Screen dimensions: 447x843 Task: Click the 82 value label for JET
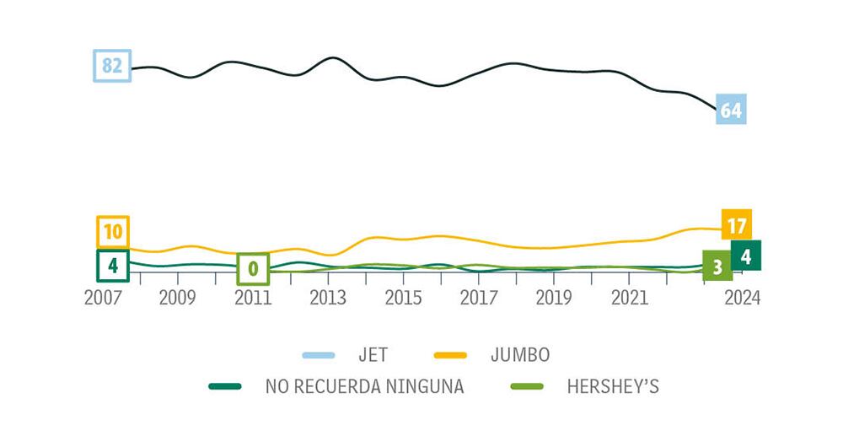click(112, 66)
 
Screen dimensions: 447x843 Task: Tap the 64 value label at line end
click(730, 110)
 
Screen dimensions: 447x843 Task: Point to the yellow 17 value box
click(736, 225)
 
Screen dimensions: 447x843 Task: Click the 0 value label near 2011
click(252, 269)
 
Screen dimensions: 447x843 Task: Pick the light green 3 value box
click(717, 267)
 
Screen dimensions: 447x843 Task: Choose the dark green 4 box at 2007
click(112, 266)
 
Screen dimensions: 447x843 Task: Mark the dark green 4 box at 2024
click(746, 256)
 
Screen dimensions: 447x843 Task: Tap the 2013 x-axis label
click(328, 298)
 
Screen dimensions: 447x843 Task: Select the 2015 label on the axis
click(404, 298)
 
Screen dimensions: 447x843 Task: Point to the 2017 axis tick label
click(479, 298)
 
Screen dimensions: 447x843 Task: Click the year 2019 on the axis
click(554, 298)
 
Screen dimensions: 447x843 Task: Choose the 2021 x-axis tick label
click(629, 298)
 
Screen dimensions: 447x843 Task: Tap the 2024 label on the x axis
click(742, 298)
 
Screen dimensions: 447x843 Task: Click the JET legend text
click(373, 355)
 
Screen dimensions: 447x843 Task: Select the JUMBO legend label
click(519, 355)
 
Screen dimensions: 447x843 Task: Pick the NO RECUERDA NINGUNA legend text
click(364, 387)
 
